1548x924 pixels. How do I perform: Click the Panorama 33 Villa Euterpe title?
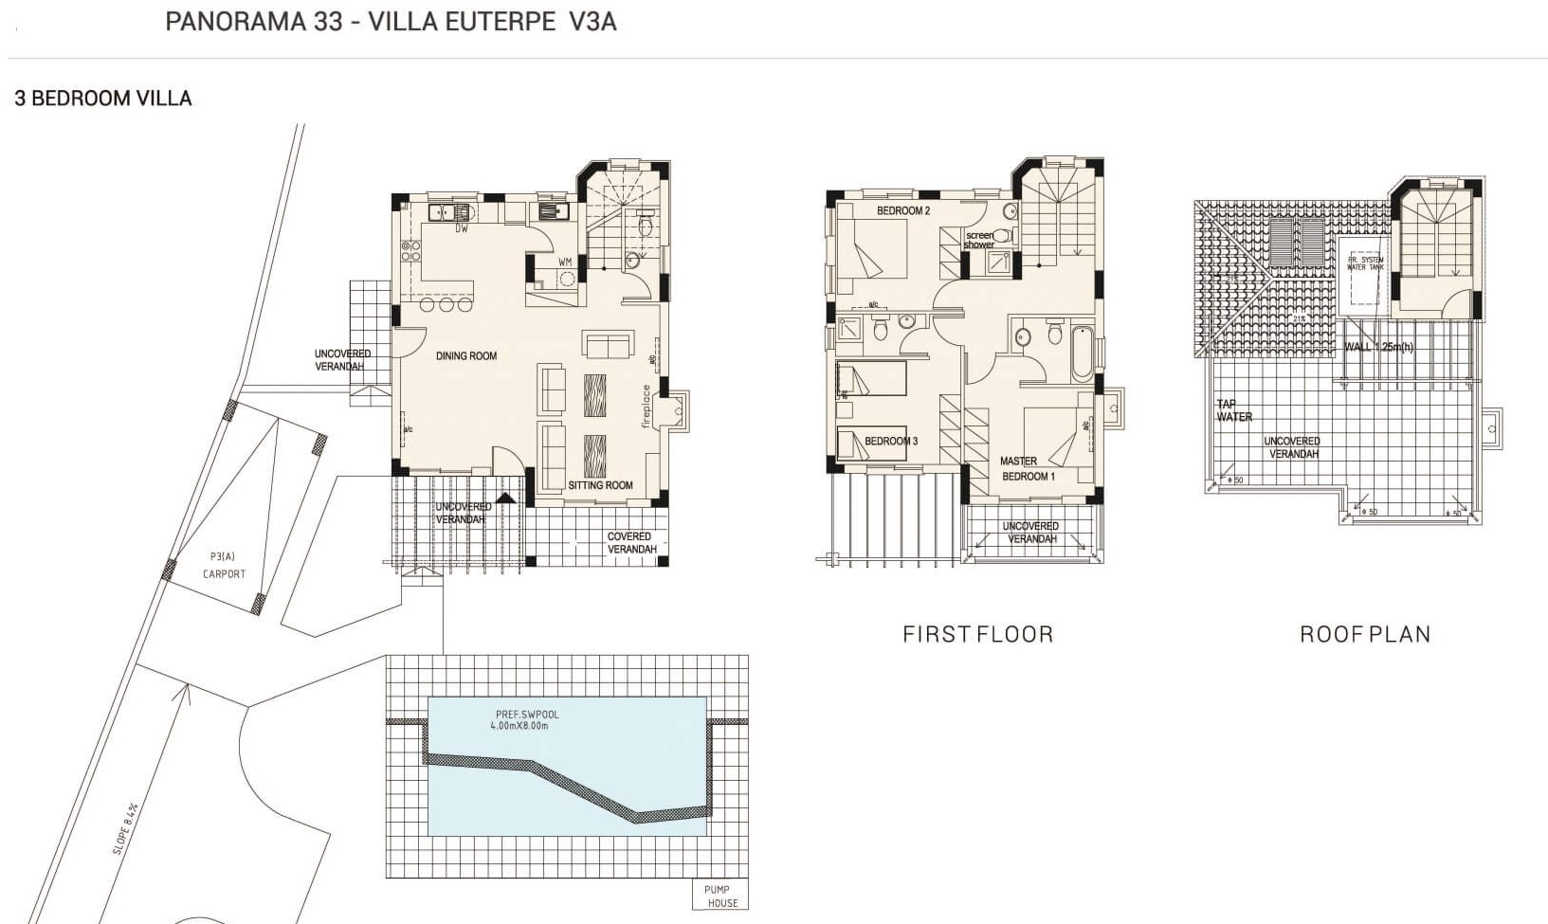tap(391, 22)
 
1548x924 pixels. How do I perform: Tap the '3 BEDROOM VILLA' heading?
tap(103, 99)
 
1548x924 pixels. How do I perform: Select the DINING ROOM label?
tap(466, 356)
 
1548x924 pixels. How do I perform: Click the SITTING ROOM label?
tap(600, 485)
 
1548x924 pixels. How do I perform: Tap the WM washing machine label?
tap(565, 262)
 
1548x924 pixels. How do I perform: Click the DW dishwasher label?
tap(462, 229)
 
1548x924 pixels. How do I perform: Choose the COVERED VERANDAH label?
tap(630, 543)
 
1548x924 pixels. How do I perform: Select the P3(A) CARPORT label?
tap(224, 566)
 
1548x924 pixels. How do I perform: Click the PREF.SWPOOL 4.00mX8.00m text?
tap(527, 720)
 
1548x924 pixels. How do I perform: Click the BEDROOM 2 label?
tap(902, 210)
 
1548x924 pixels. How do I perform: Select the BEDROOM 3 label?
tap(891, 442)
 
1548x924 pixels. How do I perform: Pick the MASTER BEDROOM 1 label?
tap(1028, 469)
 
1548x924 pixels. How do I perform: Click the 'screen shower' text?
tap(979, 240)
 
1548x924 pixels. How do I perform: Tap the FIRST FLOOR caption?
tap(977, 635)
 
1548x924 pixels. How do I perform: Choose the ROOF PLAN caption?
tap(1365, 635)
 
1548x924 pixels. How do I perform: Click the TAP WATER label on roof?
tap(1234, 410)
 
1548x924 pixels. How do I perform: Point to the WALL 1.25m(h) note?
tap(1378, 348)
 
